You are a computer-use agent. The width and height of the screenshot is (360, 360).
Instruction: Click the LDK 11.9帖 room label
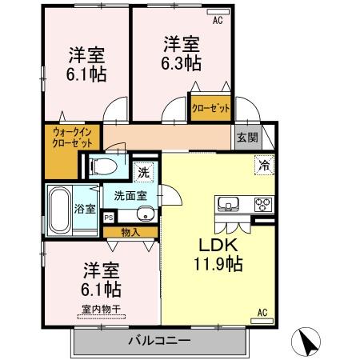(x=216, y=253)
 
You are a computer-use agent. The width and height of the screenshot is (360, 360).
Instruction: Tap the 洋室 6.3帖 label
(x=182, y=54)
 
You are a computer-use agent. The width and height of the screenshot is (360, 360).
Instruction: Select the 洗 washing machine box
(x=143, y=170)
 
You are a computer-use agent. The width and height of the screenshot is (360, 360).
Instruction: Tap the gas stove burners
(x=263, y=204)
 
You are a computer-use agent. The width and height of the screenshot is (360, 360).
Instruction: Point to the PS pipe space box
(x=108, y=217)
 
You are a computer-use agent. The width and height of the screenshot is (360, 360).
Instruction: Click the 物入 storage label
(x=130, y=232)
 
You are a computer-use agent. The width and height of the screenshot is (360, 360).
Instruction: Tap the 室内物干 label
(x=98, y=310)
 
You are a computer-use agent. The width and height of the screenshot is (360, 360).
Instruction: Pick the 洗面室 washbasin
(x=145, y=214)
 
